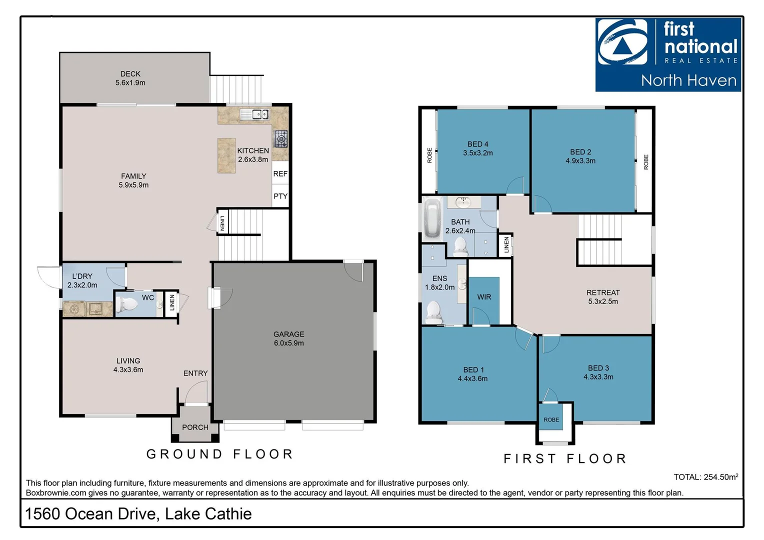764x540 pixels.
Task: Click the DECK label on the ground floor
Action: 130,74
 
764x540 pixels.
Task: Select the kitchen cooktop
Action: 281,138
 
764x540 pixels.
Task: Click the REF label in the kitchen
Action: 280,174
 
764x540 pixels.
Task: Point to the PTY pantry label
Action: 280,196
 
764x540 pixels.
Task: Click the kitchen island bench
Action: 226,155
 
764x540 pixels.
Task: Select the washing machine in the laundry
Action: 74,309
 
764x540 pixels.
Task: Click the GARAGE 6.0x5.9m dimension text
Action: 288,343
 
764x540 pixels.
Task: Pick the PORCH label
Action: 195,427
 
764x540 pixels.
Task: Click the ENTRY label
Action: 195,373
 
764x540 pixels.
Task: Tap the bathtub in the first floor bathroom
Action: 431,218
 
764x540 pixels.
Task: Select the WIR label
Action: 484,297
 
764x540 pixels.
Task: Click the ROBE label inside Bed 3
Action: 551,420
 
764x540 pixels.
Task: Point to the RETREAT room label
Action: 603,292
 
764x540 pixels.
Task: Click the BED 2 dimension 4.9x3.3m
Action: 580,161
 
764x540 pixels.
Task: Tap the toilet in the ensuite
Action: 433,311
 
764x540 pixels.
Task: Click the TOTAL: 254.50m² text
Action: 705,477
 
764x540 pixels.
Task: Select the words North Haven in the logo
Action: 688,80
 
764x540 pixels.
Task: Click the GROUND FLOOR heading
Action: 220,454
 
